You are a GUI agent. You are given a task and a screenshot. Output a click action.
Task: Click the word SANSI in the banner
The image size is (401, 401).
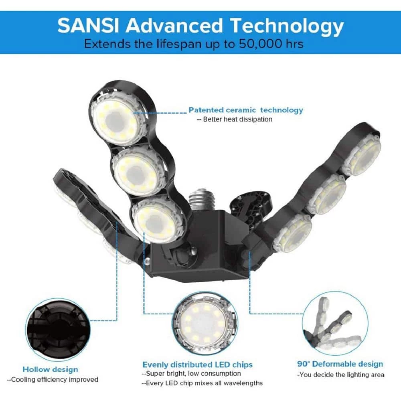tap(88, 26)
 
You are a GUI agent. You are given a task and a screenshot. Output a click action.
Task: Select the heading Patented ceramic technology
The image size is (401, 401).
tap(246, 110)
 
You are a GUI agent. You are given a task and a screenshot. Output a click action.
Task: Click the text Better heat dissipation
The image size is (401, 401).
tap(237, 119)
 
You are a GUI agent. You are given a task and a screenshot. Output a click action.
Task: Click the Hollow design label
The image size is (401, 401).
tap(50, 369)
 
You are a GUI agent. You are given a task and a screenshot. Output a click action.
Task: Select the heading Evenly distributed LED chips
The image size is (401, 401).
tap(197, 365)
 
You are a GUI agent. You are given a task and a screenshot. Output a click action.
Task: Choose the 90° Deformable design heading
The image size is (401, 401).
tap(340, 364)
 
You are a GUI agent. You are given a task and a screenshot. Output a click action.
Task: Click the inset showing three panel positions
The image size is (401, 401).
tap(335, 324)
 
